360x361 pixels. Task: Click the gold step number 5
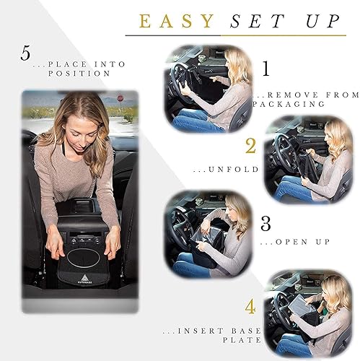click(27, 53)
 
